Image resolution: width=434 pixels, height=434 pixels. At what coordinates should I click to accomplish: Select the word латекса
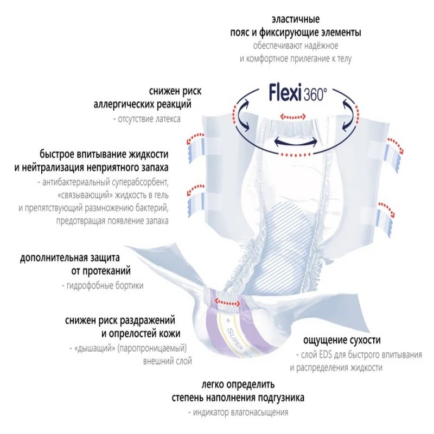click(x=165, y=118)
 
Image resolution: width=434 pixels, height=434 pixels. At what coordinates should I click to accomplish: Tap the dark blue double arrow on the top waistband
click(x=295, y=142)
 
